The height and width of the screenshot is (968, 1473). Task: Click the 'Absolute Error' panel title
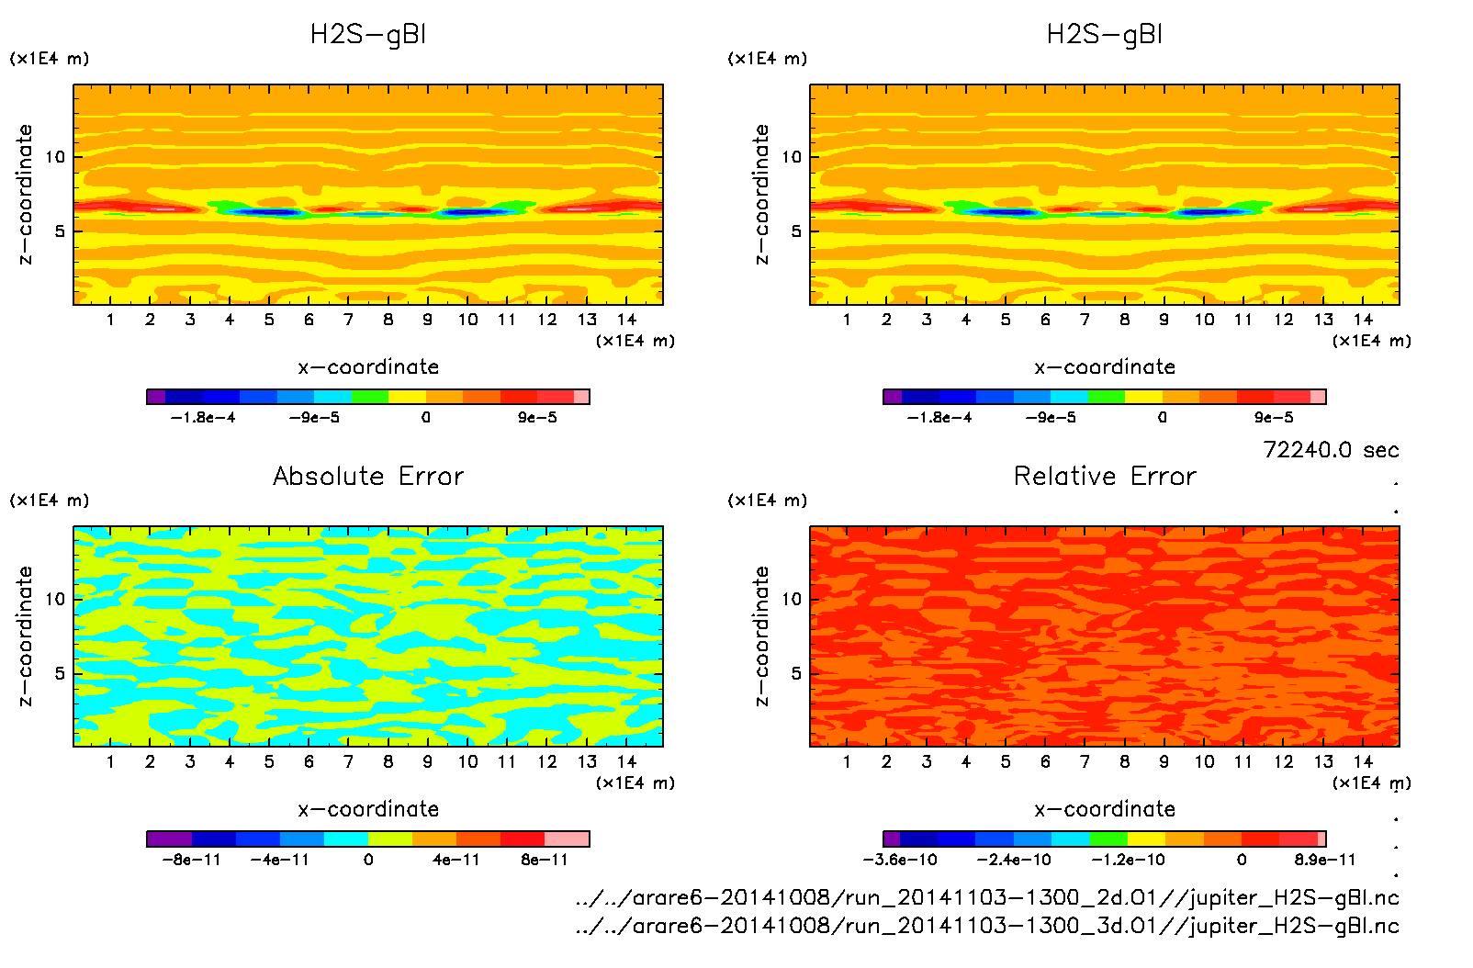(x=368, y=476)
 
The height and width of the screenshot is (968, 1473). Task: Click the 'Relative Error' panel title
(x=1105, y=476)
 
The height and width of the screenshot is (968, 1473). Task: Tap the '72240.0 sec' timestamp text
(x=1331, y=450)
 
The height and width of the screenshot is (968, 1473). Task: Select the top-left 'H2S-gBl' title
(x=368, y=35)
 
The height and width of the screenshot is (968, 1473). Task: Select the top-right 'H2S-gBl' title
(x=1105, y=35)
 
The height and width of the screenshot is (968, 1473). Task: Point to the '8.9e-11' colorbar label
(x=1324, y=860)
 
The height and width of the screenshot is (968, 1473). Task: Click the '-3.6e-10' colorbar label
(x=900, y=860)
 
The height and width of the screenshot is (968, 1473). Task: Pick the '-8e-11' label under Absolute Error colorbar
(x=192, y=860)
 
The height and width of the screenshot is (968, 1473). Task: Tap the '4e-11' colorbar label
(x=456, y=860)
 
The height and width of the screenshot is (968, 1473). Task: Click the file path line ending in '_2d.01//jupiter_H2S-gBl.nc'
(x=987, y=897)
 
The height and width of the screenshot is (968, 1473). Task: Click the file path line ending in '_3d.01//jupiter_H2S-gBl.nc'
(x=987, y=926)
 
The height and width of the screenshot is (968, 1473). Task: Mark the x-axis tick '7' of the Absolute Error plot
(x=348, y=761)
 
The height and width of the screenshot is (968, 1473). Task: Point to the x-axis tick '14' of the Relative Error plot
(x=1363, y=761)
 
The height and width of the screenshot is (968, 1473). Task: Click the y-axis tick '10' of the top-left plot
(x=56, y=157)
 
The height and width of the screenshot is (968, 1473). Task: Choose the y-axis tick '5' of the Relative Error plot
(x=796, y=673)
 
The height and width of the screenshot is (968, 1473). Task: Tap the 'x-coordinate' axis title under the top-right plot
(x=1105, y=367)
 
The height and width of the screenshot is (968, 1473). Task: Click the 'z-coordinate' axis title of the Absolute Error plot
(x=25, y=636)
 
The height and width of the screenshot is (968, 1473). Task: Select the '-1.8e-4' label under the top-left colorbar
(x=203, y=418)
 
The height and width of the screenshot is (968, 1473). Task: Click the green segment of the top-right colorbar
(x=1107, y=397)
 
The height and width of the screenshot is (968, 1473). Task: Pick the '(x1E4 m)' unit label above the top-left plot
(x=50, y=59)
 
